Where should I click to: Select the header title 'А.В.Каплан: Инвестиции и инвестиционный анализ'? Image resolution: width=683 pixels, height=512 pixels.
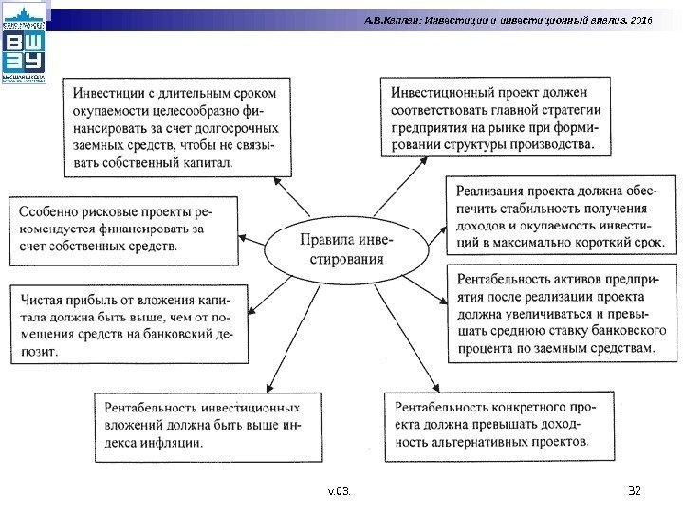tap(493, 19)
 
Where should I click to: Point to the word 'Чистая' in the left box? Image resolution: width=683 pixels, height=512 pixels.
tap(41, 298)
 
